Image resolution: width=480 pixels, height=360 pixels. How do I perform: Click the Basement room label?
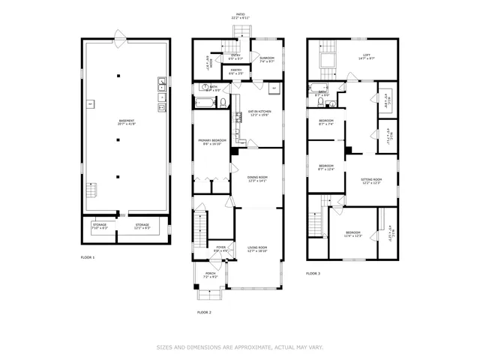[x=127, y=122]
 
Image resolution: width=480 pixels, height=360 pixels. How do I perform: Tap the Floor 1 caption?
[x=88, y=257]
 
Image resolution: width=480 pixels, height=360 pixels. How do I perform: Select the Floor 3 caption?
[x=313, y=274]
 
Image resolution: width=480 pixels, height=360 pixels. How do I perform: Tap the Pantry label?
[x=236, y=72]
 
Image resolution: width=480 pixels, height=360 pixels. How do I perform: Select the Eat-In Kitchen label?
[x=259, y=112]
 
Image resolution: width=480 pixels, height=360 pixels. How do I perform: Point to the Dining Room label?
[x=257, y=178]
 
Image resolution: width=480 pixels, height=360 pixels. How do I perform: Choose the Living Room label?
[x=257, y=248]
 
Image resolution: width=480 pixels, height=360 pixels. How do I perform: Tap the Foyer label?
[x=221, y=248]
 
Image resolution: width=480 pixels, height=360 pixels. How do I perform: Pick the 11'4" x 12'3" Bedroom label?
[x=352, y=234]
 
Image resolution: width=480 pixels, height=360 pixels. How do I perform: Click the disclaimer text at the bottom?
[x=239, y=347]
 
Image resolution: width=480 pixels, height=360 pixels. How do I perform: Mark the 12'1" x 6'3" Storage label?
[x=142, y=226]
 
